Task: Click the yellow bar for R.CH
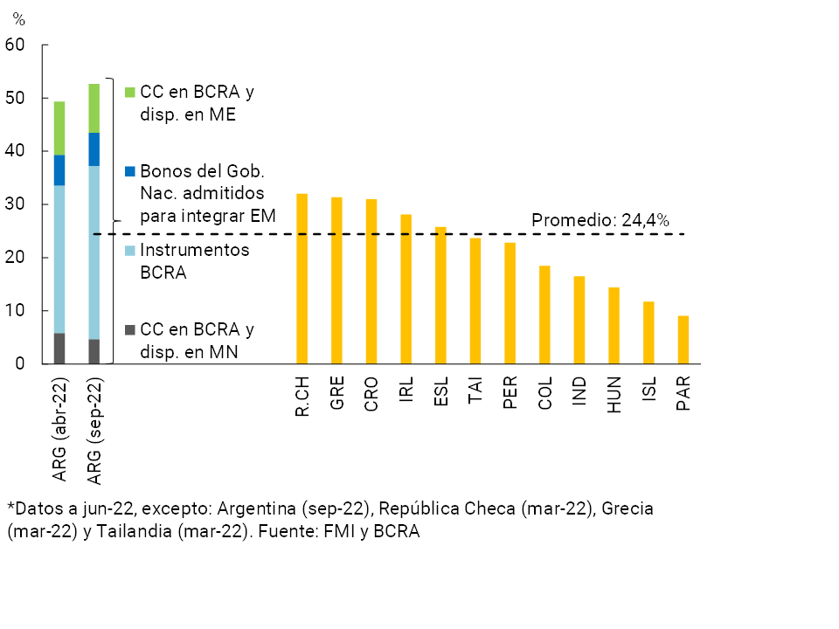click(x=302, y=279)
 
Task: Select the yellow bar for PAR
click(x=683, y=340)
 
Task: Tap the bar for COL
click(x=544, y=314)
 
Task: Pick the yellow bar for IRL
click(x=406, y=289)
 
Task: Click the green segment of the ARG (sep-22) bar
click(x=94, y=108)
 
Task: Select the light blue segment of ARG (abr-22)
click(x=59, y=259)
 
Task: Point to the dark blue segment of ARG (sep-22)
click(x=94, y=149)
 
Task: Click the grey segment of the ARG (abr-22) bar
click(x=59, y=349)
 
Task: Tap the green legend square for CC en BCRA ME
click(x=130, y=92)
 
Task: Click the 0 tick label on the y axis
click(x=19, y=364)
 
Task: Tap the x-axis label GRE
click(x=336, y=394)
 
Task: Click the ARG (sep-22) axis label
click(x=94, y=431)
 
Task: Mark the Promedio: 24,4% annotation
click(x=600, y=221)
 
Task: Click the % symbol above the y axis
click(x=18, y=20)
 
